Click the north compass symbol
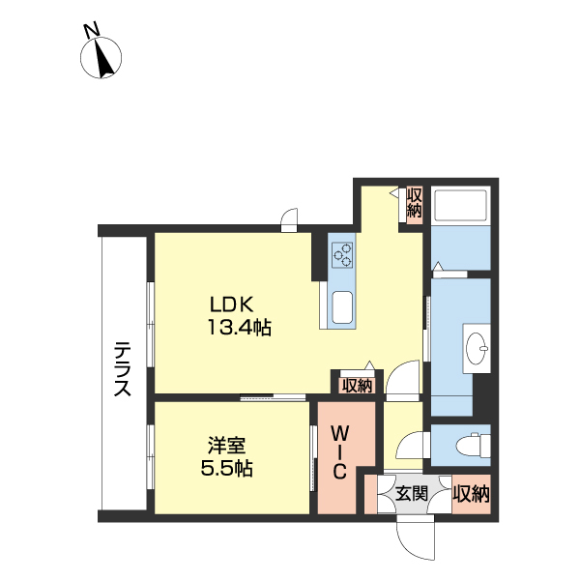click(x=101, y=58)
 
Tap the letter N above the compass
click(x=92, y=30)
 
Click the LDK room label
click(x=232, y=304)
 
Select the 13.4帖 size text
click(x=240, y=327)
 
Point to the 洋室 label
click(x=226, y=445)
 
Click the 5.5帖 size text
click(x=226, y=468)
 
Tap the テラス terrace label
click(x=123, y=369)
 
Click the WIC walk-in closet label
click(x=339, y=452)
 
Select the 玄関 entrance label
click(x=412, y=494)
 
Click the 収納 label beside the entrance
click(x=472, y=494)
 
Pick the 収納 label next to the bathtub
click(x=415, y=202)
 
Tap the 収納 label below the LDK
click(x=357, y=386)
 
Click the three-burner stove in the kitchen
click(x=342, y=254)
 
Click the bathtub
click(x=461, y=206)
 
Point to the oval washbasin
click(x=477, y=348)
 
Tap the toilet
click(x=473, y=446)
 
